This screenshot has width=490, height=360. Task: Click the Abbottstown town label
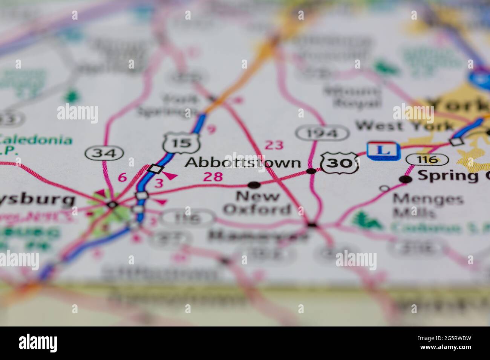(243, 163)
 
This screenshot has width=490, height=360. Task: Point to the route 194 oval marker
(322, 133)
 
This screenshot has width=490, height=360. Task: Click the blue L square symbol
(383, 150)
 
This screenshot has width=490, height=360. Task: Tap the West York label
(405, 125)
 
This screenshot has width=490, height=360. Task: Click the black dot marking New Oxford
(254, 185)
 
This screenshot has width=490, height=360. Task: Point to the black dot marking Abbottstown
(311, 171)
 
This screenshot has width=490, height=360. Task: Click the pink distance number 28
(213, 177)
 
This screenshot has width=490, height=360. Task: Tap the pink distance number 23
(274, 145)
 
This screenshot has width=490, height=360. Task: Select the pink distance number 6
(122, 177)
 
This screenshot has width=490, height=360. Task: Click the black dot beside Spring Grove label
(406, 179)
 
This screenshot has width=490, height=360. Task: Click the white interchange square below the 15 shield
(155, 168)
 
